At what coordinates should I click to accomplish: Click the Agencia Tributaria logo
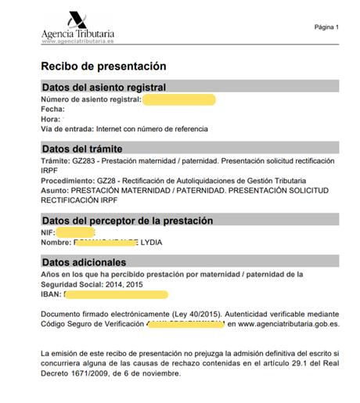(x=77, y=27)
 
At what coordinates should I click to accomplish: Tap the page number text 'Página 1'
(x=326, y=27)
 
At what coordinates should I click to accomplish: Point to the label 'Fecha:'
(x=52, y=110)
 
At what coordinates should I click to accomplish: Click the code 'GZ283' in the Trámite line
(x=83, y=160)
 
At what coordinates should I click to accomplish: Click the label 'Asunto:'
(x=54, y=189)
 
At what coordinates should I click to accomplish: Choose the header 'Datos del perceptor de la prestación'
(x=127, y=221)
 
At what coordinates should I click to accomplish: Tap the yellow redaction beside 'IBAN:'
(x=116, y=295)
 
